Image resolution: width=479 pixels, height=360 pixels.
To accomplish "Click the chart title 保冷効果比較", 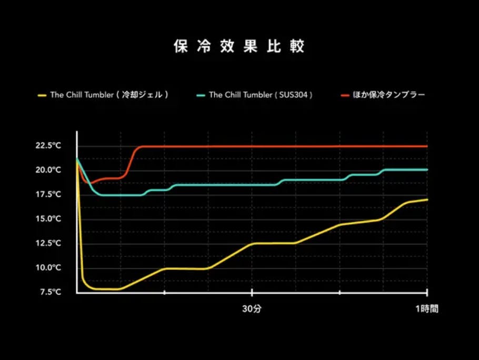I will pos(239,46).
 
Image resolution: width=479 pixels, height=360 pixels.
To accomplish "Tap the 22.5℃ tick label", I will pos(48,145).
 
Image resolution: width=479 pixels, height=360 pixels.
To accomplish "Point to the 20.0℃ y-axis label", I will pos(48,170).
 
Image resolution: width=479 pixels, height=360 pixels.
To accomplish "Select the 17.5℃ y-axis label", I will pos(48,194).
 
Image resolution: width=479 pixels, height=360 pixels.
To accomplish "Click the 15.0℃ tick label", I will pos(48,218).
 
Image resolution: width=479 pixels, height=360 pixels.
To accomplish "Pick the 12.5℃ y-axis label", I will pos(48,243).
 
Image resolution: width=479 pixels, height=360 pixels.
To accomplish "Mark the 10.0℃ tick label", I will pos(48,267).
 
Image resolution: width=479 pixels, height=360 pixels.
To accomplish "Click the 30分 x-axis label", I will pos(252,309).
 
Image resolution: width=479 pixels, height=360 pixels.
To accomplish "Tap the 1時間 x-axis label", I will pos(426,309).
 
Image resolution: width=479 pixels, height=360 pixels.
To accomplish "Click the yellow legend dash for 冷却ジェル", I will pos(42,95).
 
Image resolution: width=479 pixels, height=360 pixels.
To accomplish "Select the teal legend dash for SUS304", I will pos(200,95).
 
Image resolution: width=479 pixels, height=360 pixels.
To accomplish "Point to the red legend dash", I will pos(345,95).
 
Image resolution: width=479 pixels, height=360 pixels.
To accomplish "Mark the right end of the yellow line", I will pos(427,199).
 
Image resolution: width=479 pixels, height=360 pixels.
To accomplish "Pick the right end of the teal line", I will pos(427,169).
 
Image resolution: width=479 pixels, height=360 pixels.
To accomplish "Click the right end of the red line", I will pos(427,146).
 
